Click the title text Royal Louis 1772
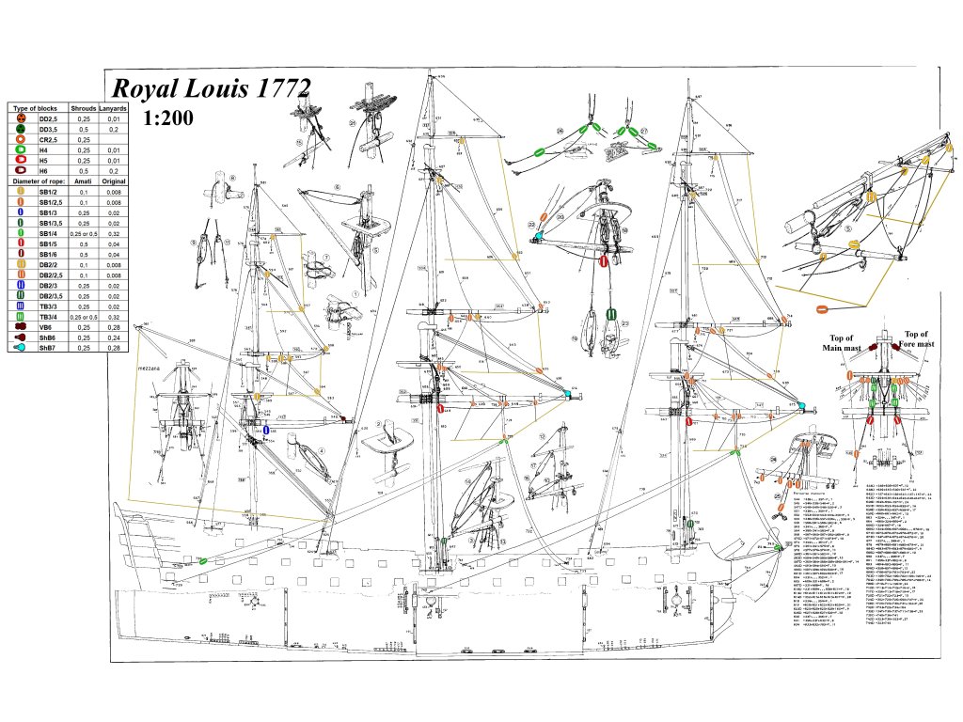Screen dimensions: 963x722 pos(211,89)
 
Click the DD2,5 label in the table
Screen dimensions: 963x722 pos(50,119)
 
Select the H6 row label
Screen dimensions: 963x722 pos(44,170)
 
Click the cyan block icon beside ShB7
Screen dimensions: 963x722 pos(20,348)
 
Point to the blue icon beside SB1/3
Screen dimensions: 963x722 pos(20,212)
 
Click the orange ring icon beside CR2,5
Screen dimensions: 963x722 pos(20,139)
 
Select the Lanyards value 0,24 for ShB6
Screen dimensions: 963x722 pos(114,337)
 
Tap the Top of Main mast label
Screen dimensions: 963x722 pos(842,343)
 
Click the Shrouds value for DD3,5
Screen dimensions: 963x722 pos(84,130)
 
